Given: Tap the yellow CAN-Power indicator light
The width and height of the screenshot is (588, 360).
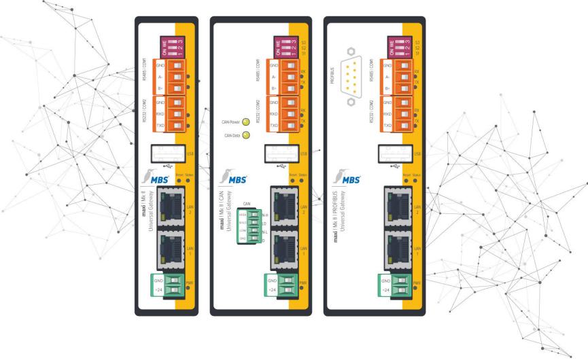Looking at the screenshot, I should pyautogui.click(x=247, y=123).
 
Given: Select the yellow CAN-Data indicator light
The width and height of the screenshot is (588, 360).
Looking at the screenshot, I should pyautogui.click(x=247, y=134).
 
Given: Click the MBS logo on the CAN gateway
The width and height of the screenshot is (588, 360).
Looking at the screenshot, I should pyautogui.click(x=240, y=179).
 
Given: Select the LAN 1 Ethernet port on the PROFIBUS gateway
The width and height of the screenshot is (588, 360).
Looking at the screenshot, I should pyautogui.click(x=393, y=248).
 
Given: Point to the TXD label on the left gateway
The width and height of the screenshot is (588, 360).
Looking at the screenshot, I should pyautogui.click(x=160, y=126).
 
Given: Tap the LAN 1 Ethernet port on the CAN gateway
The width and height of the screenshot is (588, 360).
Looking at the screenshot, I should pyautogui.click(x=280, y=248).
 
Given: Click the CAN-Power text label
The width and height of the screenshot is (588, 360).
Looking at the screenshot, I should pyautogui.click(x=232, y=123).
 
